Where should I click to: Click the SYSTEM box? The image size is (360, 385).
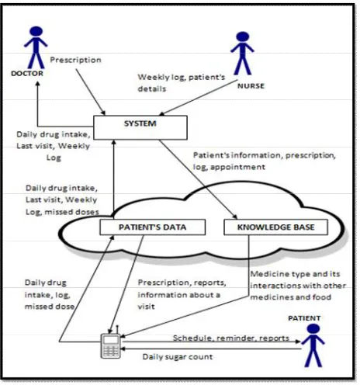tap(140, 127)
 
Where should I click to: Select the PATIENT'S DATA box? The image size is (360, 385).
tap(153, 227)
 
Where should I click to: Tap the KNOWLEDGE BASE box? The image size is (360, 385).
tap(275, 227)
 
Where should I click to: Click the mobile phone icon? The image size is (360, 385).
tap(111, 344)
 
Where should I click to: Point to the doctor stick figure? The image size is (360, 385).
tap(36, 47)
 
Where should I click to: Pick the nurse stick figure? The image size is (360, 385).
tap(242, 54)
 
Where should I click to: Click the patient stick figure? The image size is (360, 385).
tap(313, 345)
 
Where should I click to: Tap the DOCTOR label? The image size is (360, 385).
tap(27, 74)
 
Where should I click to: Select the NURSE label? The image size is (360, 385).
tap(251, 86)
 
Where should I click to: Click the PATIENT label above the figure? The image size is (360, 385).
tap(304, 318)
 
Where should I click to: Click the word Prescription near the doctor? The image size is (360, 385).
tap(75, 60)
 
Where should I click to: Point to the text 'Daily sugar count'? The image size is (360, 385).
tap(178, 357)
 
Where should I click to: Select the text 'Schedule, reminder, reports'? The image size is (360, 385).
tap(231, 338)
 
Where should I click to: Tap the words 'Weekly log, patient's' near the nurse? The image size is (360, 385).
tap(182, 77)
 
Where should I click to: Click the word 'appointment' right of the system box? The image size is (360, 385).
tap(238, 167)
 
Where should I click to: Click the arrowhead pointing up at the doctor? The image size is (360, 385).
tap(37, 84)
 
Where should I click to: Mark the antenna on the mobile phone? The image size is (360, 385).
tap(117, 330)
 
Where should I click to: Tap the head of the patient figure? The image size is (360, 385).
tap(313, 329)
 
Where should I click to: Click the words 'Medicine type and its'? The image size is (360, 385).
tap(295, 274)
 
